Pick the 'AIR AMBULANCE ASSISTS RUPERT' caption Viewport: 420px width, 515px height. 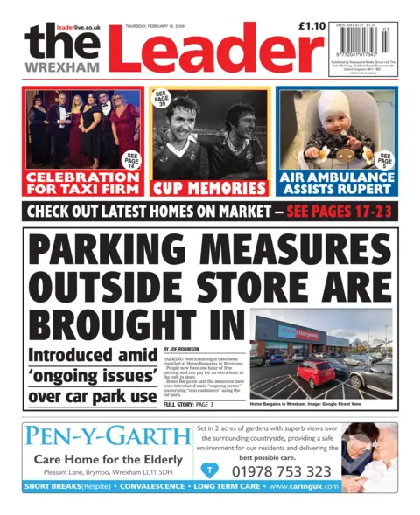click(337, 181)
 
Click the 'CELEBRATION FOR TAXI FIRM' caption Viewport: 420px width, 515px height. click(81, 181)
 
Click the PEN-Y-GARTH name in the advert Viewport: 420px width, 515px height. click(106, 435)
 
